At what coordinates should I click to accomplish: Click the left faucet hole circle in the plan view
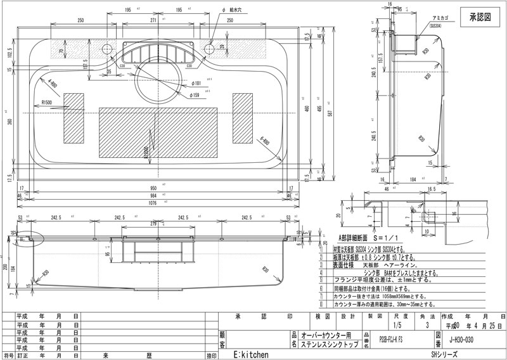(x=106, y=49)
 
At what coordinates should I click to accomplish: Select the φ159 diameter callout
(x=195, y=95)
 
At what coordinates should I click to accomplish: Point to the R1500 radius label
(x=50, y=101)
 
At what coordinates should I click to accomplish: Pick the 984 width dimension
(x=158, y=195)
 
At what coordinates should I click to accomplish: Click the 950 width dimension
(x=158, y=188)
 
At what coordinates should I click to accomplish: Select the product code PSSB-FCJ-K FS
(x=386, y=339)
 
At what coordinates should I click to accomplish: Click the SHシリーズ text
(x=443, y=354)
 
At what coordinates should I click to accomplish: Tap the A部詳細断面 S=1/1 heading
(x=368, y=237)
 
